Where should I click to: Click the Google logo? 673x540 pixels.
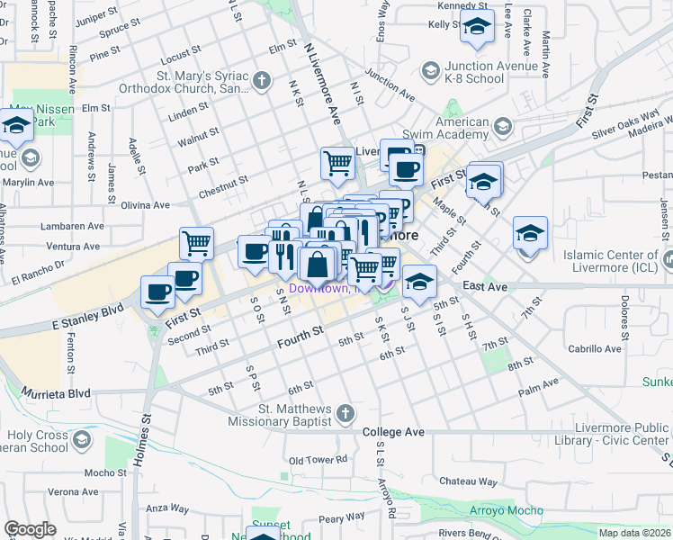[31, 528]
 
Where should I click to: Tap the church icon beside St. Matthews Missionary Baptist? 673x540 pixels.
[345, 414]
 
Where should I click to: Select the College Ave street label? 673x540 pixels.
[393, 432]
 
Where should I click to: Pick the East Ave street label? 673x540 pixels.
[486, 286]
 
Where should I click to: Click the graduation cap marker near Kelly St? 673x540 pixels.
[477, 29]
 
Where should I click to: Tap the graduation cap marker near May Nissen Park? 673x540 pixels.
[16, 127]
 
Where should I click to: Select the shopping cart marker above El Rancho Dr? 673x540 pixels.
[196, 242]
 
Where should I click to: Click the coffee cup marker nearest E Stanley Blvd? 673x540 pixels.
[158, 292]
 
